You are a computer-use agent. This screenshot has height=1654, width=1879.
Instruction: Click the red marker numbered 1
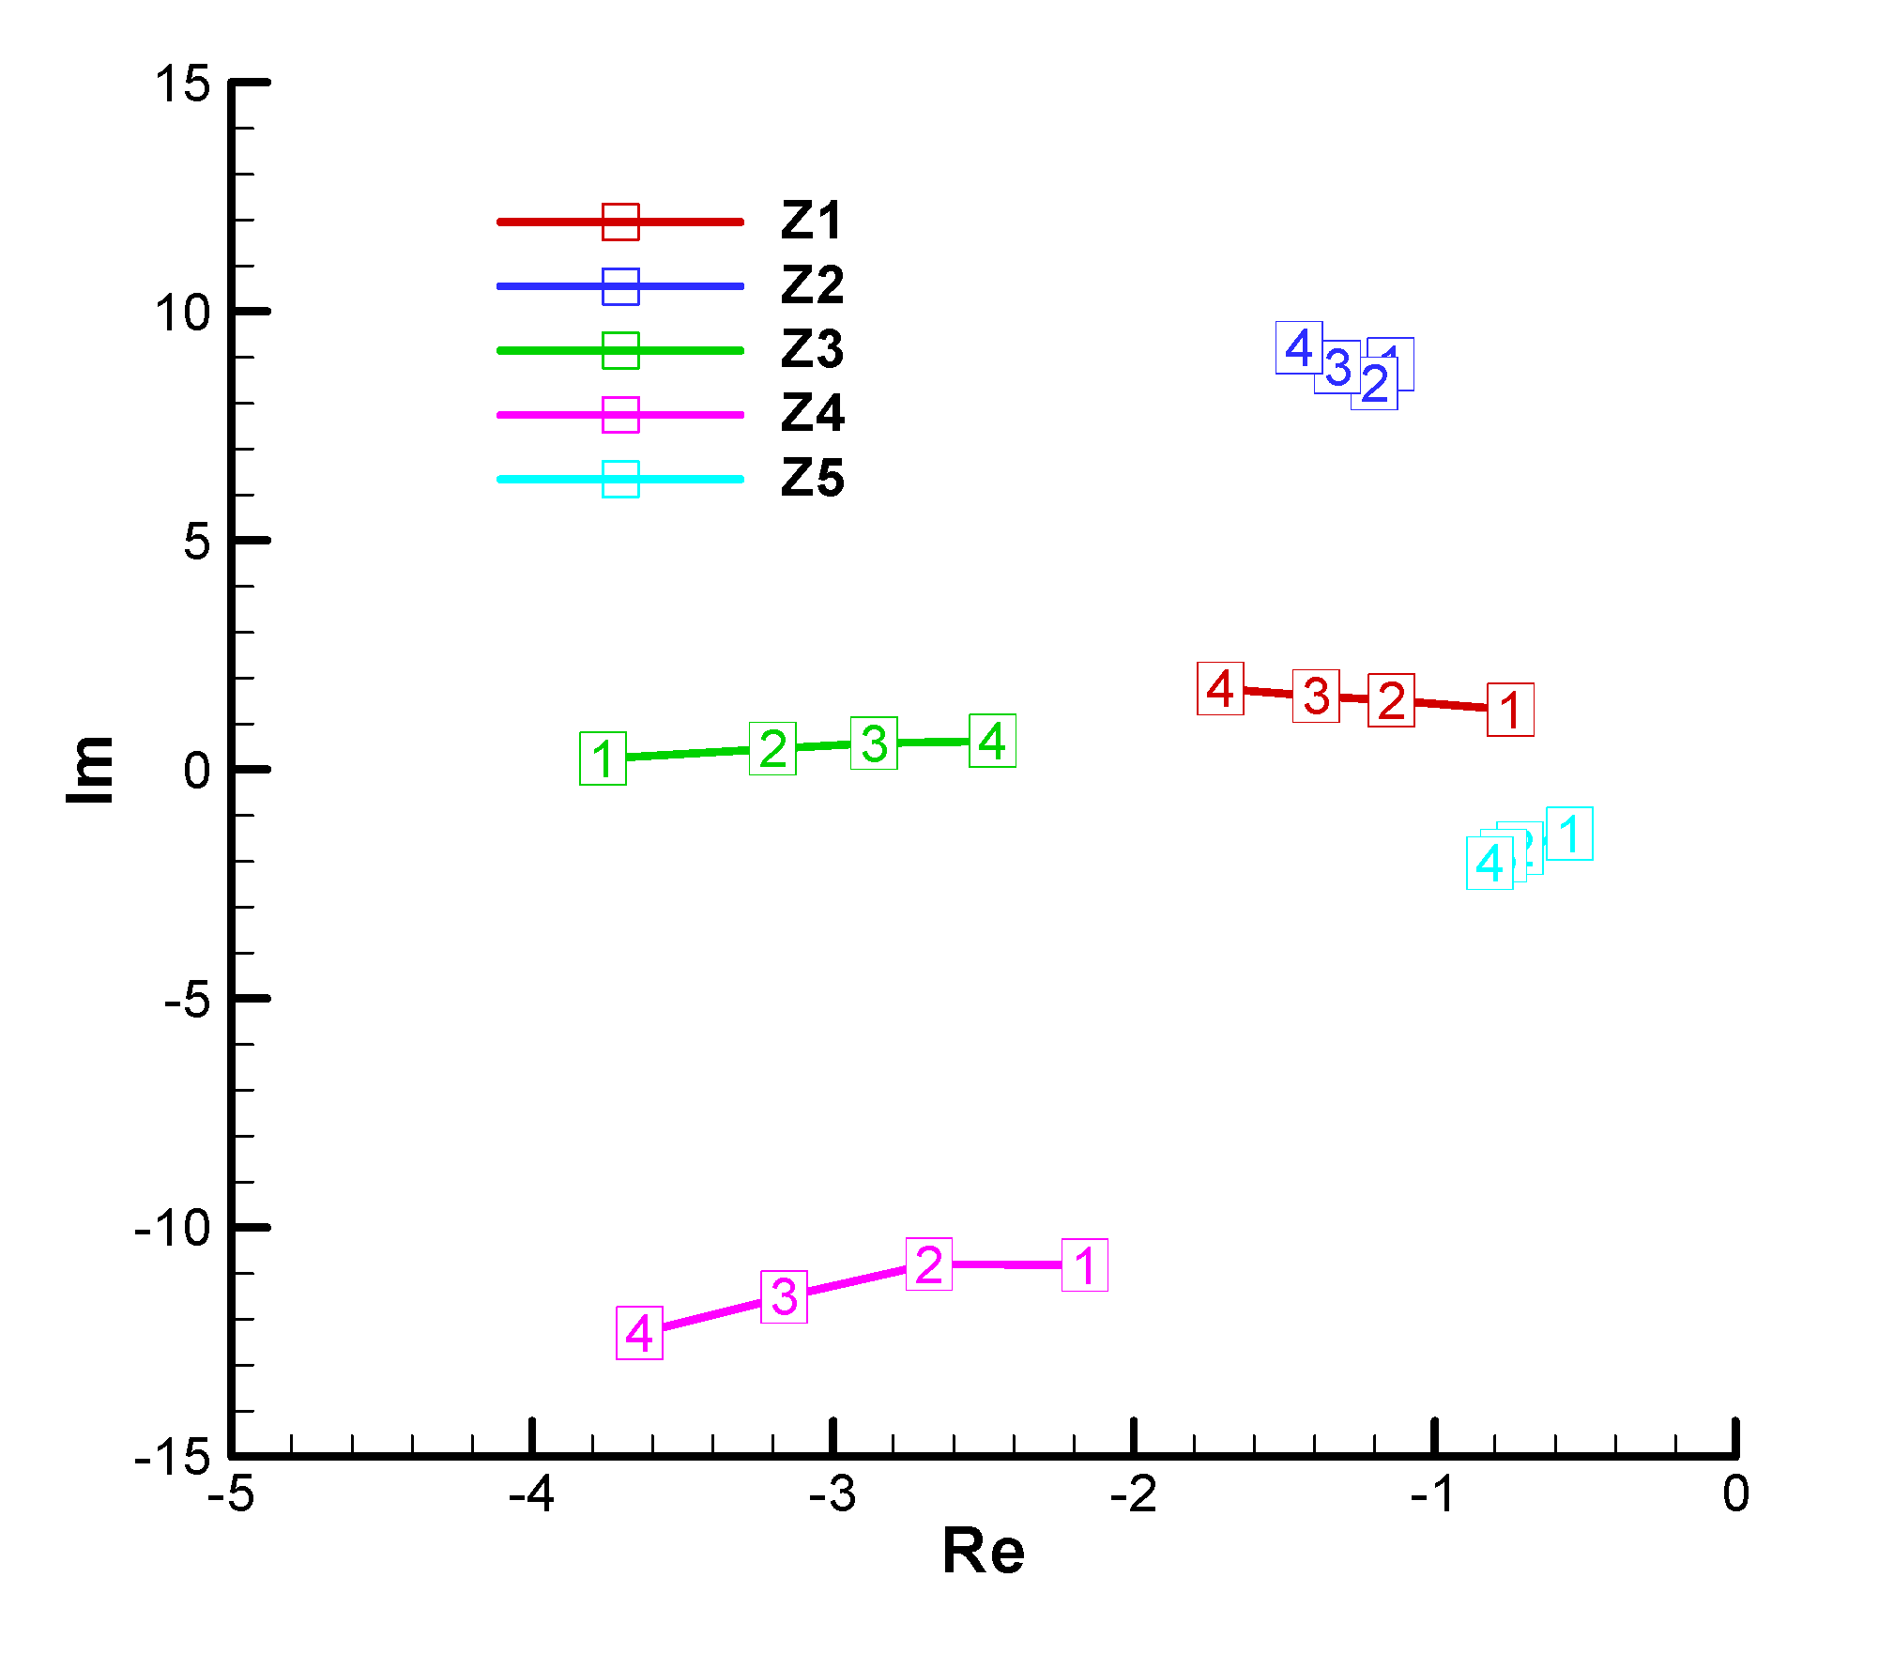pyautogui.click(x=1510, y=710)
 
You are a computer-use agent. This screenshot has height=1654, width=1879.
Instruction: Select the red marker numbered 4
pyautogui.click(x=1220, y=688)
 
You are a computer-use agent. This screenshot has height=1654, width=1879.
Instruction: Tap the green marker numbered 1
pyautogui.click(x=603, y=758)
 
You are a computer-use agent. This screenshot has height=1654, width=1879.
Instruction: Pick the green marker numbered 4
pyautogui.click(x=992, y=741)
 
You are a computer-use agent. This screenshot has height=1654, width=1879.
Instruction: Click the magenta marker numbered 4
pyautogui.click(x=639, y=1332)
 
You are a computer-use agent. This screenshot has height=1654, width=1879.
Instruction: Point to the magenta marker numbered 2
pyautogui.click(x=929, y=1263)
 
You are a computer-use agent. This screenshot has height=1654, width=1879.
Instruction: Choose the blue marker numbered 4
pyautogui.click(x=1299, y=347)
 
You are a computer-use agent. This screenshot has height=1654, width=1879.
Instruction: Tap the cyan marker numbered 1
pyautogui.click(x=1569, y=833)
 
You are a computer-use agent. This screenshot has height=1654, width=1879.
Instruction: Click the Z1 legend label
pyautogui.click(x=813, y=221)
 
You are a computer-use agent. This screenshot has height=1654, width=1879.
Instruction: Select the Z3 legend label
pyautogui.click(x=813, y=349)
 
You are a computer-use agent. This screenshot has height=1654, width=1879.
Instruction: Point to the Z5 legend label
pyautogui.click(x=813, y=478)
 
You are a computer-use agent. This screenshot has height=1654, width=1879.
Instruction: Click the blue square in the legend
pyautogui.click(x=620, y=286)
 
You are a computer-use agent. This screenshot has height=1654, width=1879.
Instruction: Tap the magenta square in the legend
pyautogui.click(x=620, y=415)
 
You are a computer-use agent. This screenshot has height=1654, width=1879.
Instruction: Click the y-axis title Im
pyautogui.click(x=90, y=769)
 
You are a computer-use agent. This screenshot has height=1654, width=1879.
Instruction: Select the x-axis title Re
pyautogui.click(x=983, y=1551)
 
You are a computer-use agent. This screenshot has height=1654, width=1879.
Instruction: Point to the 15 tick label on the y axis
pyautogui.click(x=183, y=84)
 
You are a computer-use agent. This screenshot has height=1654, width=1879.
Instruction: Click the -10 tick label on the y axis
pyautogui.click(x=174, y=1227)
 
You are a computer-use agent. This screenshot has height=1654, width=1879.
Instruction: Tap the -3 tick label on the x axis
pyautogui.click(x=833, y=1494)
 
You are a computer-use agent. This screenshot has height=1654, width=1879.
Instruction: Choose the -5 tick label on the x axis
pyautogui.click(x=231, y=1494)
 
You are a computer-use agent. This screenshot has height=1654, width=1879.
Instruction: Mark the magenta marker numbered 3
pyautogui.click(x=784, y=1296)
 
